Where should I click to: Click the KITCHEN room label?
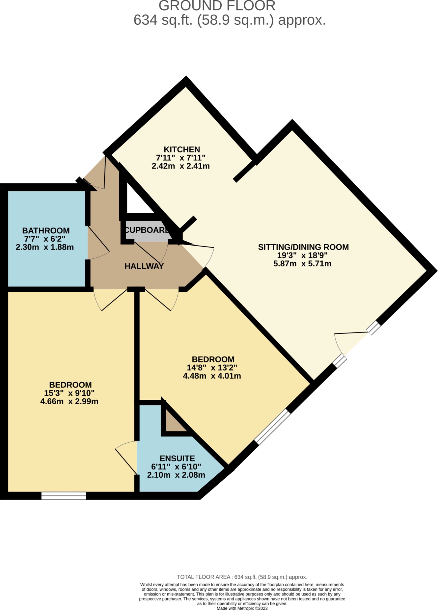point(182,149)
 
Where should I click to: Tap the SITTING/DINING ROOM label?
point(303,247)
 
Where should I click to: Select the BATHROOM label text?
point(46,231)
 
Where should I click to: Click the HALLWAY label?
point(144,266)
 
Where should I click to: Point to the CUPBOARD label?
point(147,230)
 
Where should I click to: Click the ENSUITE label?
point(177,458)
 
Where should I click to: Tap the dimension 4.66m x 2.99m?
point(69,401)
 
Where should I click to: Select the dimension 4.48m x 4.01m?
point(212,376)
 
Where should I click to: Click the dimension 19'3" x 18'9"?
point(302,255)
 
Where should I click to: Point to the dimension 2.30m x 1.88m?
point(45,247)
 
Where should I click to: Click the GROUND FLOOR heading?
point(217,6)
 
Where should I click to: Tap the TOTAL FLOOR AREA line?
point(242,577)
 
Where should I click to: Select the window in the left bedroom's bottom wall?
point(63,495)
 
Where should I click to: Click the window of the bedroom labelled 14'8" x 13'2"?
point(272,426)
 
